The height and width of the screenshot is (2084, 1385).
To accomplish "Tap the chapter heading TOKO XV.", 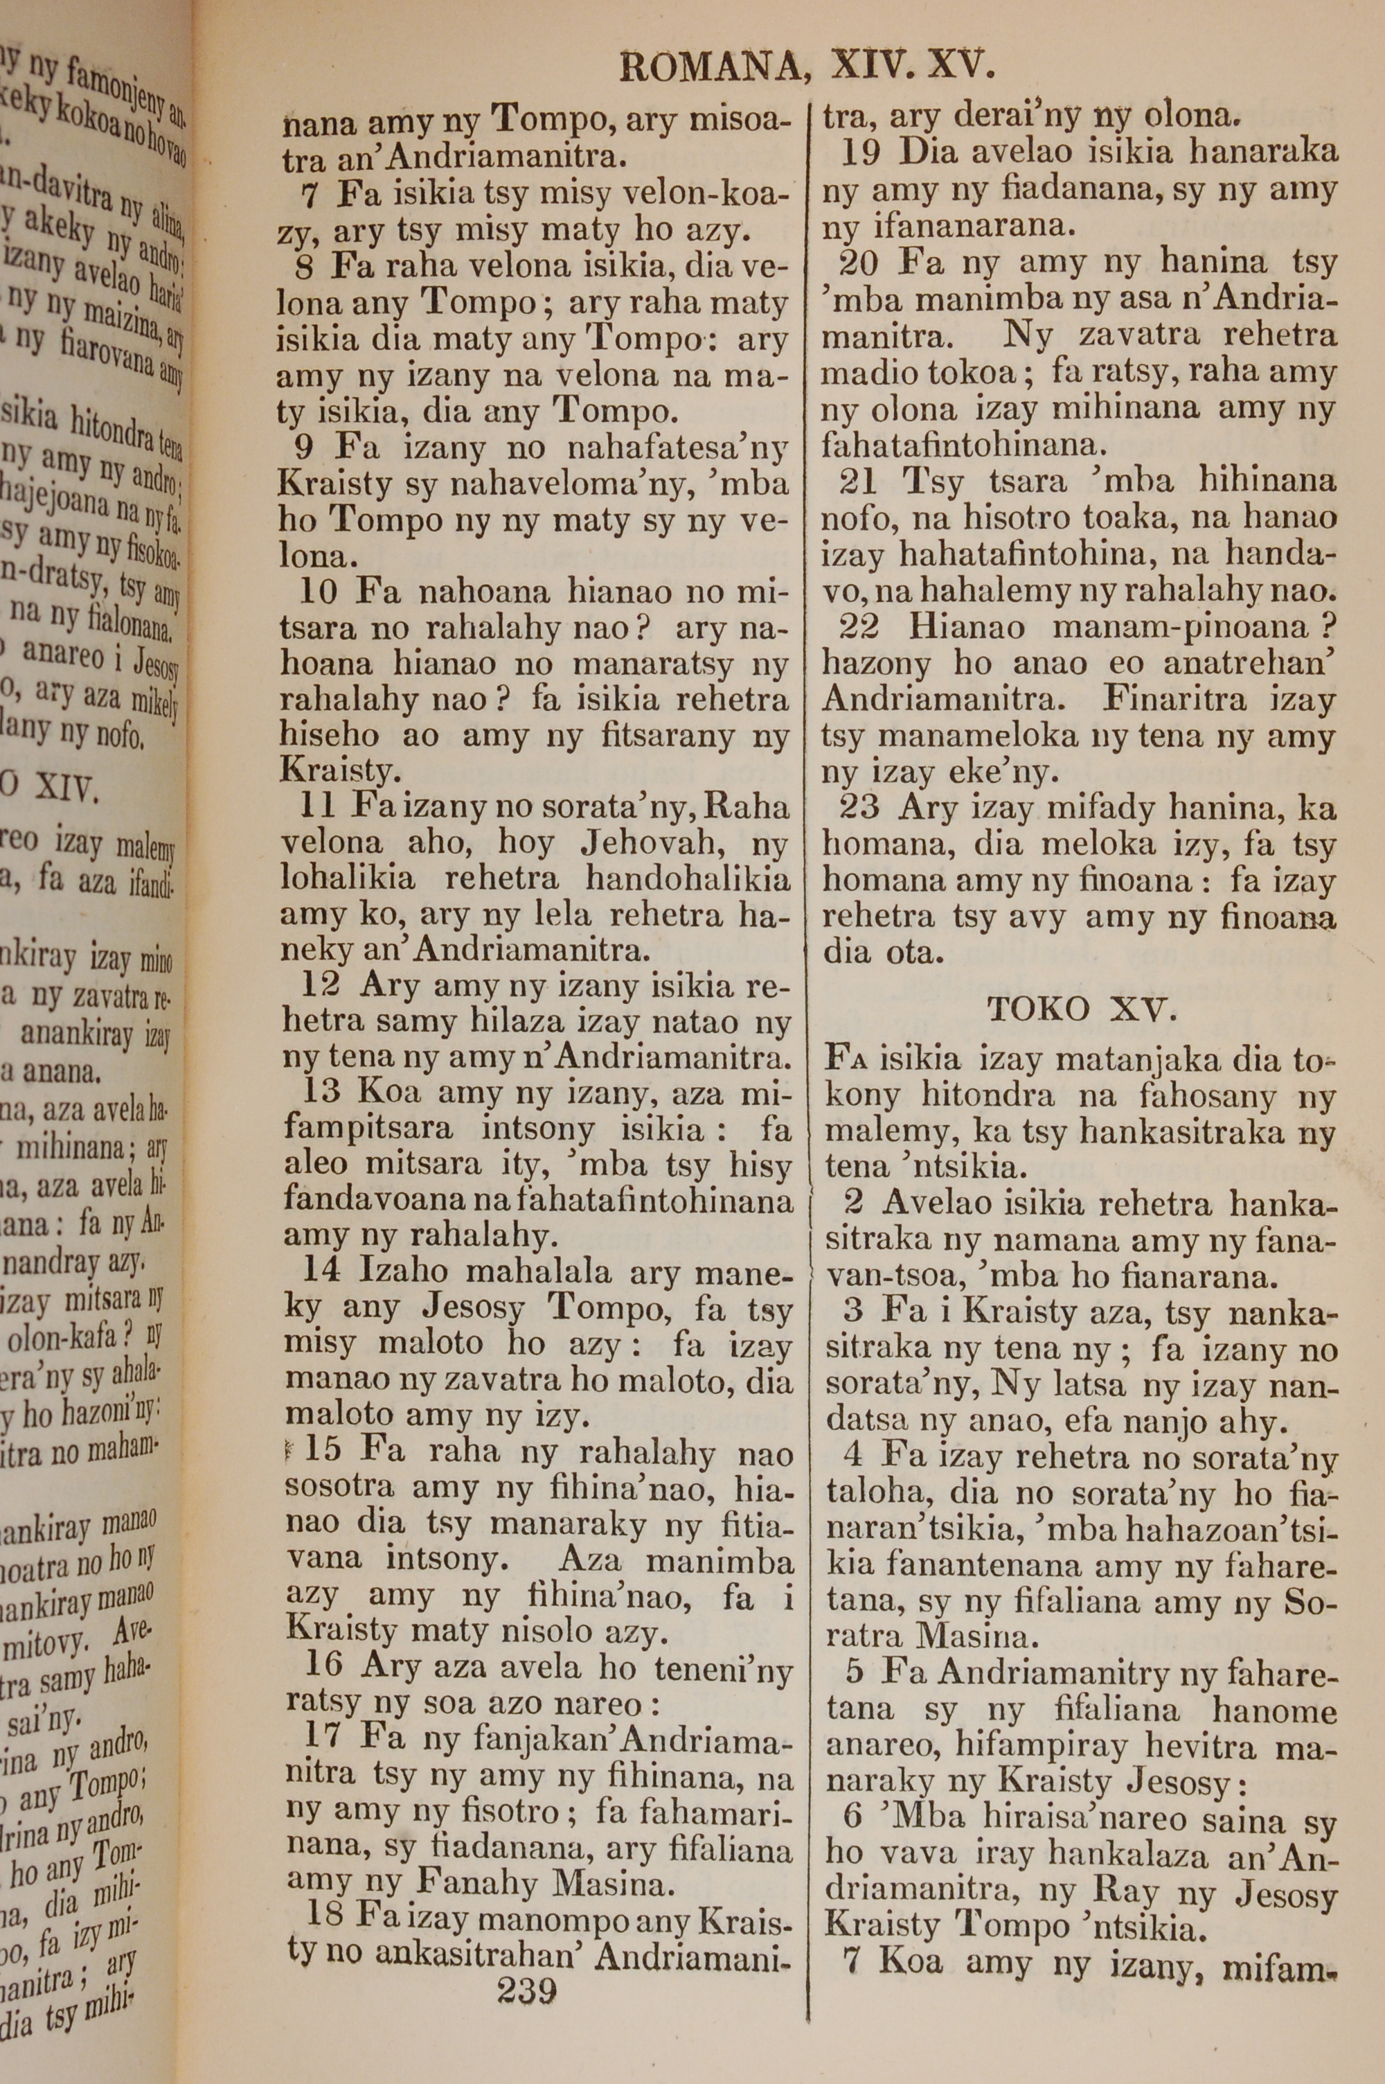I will (x=1082, y=1008).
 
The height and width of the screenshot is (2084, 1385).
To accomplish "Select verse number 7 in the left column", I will (x=309, y=193).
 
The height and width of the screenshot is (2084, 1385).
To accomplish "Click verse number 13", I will (x=321, y=1092).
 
